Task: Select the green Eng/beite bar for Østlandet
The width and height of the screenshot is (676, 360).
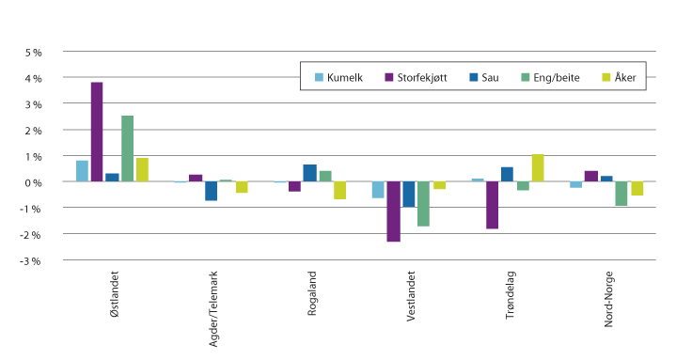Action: click(x=127, y=149)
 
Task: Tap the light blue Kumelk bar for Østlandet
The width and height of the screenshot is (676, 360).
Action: click(x=82, y=171)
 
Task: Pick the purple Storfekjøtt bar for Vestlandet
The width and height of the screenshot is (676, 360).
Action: click(x=393, y=211)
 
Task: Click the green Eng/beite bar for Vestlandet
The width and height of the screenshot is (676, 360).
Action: click(x=423, y=203)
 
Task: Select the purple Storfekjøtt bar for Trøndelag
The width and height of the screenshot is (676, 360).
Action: click(x=492, y=205)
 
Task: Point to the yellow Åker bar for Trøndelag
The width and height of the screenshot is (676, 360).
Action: click(x=538, y=167)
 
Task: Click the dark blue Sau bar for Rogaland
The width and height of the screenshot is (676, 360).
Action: click(x=309, y=173)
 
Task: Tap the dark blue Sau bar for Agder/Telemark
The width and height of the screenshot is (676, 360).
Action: click(x=212, y=191)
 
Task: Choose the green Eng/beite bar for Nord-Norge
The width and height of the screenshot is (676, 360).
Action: click(x=621, y=194)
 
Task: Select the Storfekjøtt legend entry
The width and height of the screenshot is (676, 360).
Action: click(x=416, y=77)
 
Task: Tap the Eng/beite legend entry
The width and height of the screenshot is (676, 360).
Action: click(x=555, y=77)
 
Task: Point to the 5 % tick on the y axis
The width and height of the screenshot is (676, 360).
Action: click(x=34, y=52)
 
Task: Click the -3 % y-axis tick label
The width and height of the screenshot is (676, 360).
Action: click(x=32, y=259)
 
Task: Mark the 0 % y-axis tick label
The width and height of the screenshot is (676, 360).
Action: click(x=34, y=181)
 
